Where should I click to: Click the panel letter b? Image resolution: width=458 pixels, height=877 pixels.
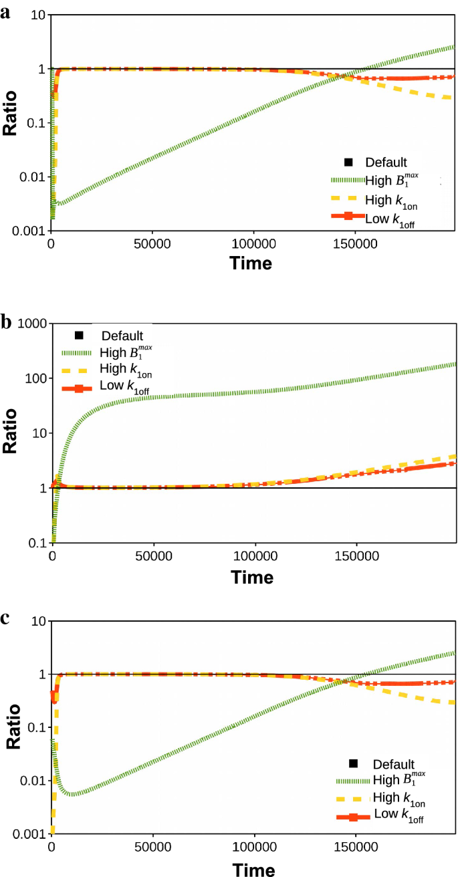(x=6, y=323)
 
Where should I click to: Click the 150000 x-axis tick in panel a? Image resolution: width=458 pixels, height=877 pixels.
(x=355, y=244)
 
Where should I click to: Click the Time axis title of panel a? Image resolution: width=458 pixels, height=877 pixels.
(x=251, y=263)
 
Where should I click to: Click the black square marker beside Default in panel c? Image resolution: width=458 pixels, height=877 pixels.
(x=354, y=763)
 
